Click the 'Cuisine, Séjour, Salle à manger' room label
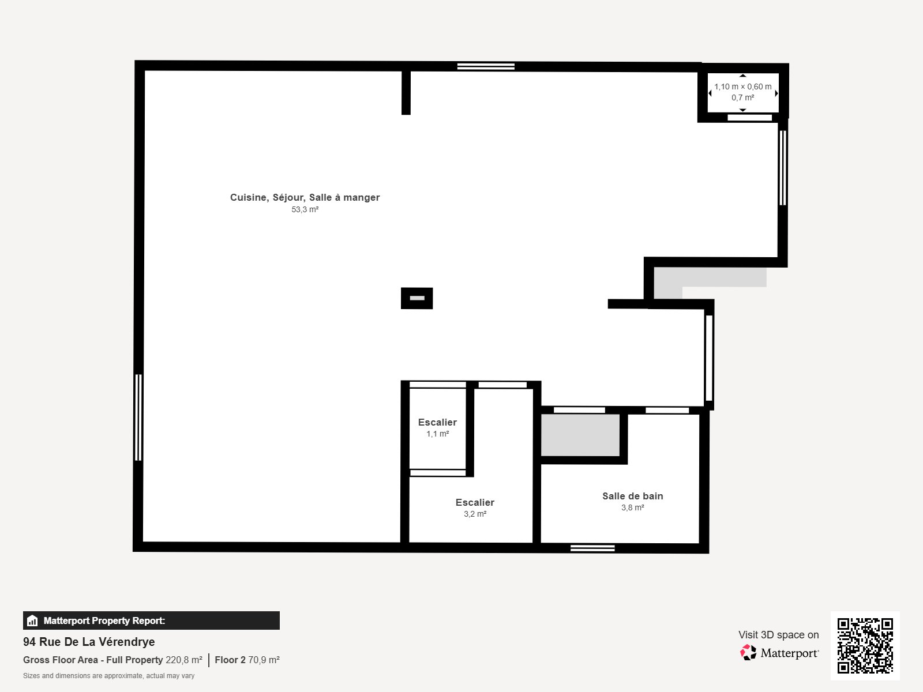(305, 197)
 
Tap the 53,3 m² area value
(305, 210)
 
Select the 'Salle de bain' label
(632, 496)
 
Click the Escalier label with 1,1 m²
(437, 422)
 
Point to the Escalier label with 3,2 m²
(475, 502)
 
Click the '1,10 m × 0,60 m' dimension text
(742, 86)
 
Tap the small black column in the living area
(417, 298)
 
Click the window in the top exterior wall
(486, 66)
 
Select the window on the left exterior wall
(138, 417)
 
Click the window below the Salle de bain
(592, 548)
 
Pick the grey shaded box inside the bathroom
(580, 435)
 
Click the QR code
(865, 645)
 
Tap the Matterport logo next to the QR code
(779, 653)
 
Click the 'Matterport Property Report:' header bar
(151, 620)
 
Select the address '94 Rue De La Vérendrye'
(89, 642)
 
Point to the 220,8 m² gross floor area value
(183, 660)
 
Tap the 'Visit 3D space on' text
(778, 635)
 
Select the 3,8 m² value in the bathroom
(632, 508)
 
